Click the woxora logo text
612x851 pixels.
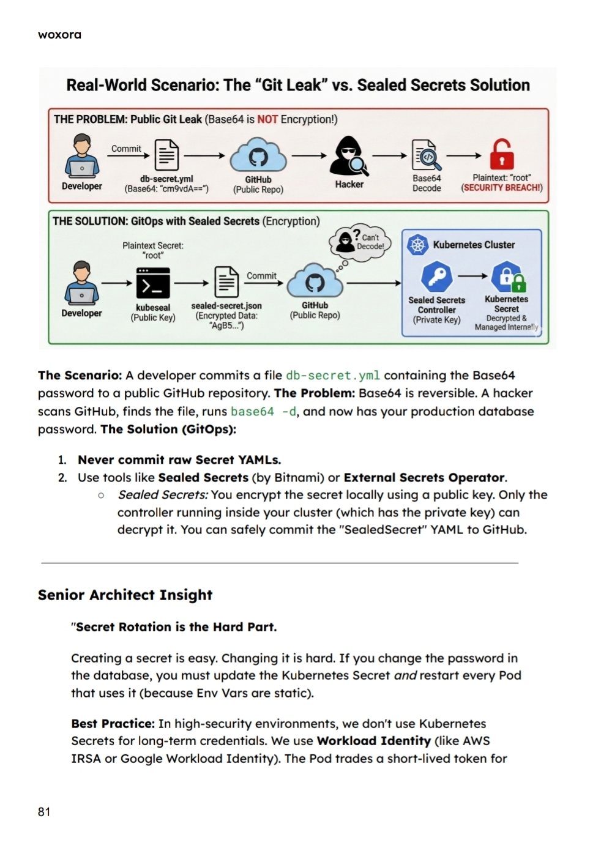point(59,34)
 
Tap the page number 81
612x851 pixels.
point(44,812)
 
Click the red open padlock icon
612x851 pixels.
point(501,154)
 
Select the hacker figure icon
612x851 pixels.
point(349,155)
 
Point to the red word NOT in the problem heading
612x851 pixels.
point(267,119)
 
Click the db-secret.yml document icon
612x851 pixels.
point(166,155)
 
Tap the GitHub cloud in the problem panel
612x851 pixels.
point(258,155)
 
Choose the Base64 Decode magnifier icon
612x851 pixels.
point(426,155)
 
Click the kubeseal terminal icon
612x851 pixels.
point(152,283)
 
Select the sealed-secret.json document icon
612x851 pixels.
point(226,282)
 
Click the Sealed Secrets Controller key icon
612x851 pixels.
point(437,277)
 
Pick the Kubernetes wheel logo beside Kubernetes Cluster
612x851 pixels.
point(417,245)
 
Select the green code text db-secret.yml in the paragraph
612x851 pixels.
point(332,375)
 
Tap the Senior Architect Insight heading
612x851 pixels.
point(125,595)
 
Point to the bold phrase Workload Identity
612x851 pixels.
point(373,741)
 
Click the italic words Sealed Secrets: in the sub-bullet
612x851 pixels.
point(162,494)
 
